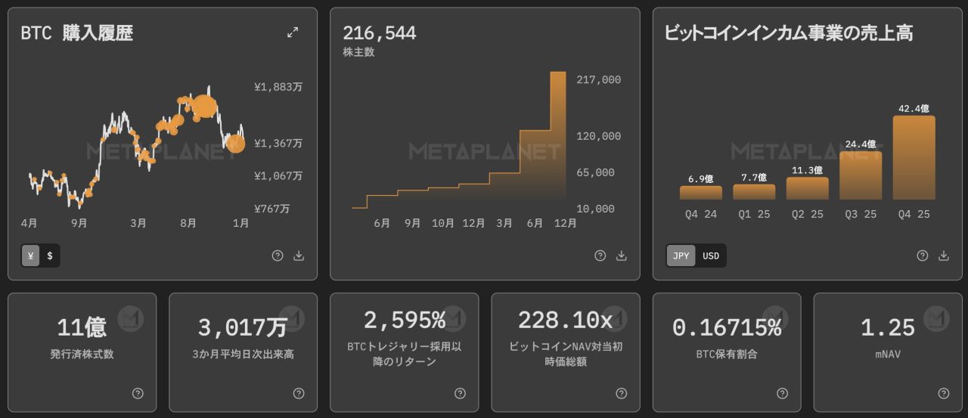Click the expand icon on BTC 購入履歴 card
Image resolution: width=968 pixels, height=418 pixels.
[x=293, y=32]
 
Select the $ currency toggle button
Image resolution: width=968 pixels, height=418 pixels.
[x=50, y=255]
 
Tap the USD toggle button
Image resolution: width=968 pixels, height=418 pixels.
[x=711, y=255]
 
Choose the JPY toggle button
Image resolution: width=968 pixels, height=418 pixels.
[x=681, y=255]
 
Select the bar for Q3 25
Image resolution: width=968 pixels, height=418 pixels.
[x=861, y=175]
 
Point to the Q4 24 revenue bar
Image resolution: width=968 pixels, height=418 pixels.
[x=700, y=193]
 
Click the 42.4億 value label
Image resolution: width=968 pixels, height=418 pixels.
[x=914, y=108]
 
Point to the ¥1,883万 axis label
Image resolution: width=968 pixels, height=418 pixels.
[x=278, y=87]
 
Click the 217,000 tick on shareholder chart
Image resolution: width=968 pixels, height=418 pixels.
[x=598, y=79]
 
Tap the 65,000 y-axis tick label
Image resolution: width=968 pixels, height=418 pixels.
[x=595, y=172]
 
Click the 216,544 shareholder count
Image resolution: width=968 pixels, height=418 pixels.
[x=379, y=33]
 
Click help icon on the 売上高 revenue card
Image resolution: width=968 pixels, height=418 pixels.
[x=922, y=255]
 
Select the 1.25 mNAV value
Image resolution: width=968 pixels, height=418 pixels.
[x=888, y=327]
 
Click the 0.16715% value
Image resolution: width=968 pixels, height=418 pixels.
[x=726, y=327]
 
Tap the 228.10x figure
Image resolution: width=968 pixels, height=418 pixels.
[x=565, y=320]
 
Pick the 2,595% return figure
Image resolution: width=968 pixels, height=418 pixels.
[x=404, y=320]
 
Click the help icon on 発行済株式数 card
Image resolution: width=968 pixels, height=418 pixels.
[x=138, y=393]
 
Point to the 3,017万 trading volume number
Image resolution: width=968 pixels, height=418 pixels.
[x=242, y=327]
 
